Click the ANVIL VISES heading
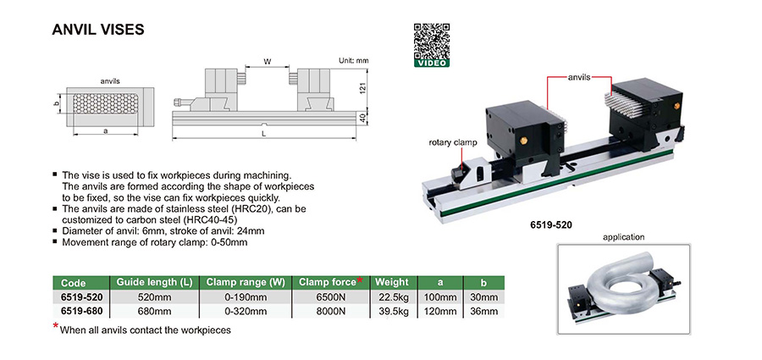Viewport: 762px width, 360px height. pos(99,30)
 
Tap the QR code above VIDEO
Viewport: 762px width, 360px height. pos(431,40)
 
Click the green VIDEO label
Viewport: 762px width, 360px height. pos(431,62)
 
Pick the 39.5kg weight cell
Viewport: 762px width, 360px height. pos(392,311)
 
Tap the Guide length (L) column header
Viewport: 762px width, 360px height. pos(152,282)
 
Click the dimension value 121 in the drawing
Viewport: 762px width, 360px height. pos(362,89)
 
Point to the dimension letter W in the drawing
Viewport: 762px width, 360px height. pos(268,62)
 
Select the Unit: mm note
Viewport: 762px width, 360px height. pos(354,61)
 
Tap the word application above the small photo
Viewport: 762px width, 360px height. pos(625,237)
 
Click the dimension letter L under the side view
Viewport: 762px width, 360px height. pos(264,134)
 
